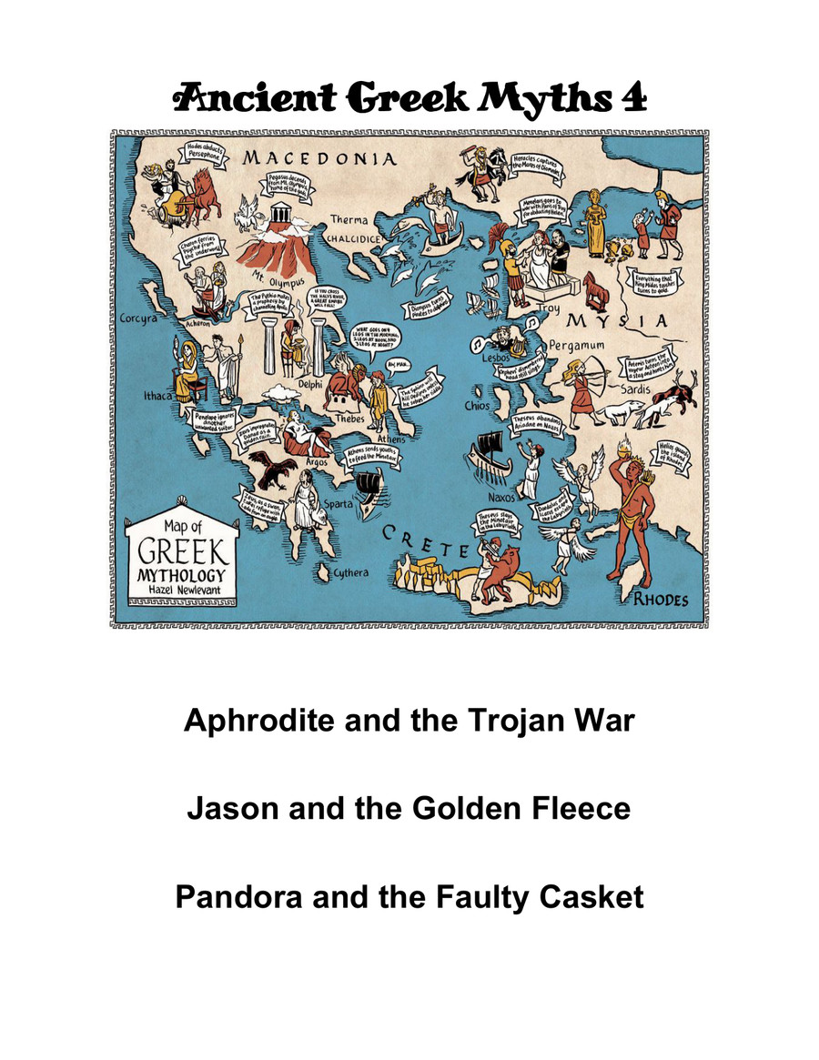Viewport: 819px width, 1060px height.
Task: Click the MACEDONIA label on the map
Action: pyautogui.click(x=319, y=159)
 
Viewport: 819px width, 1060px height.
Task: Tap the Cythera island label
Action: pyautogui.click(x=350, y=572)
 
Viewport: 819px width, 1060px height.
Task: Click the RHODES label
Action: pyautogui.click(x=661, y=601)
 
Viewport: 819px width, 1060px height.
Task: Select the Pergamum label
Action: pyautogui.click(x=576, y=347)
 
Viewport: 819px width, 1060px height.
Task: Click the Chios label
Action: pyautogui.click(x=476, y=406)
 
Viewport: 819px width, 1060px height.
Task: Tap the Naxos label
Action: pyautogui.click(x=501, y=498)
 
